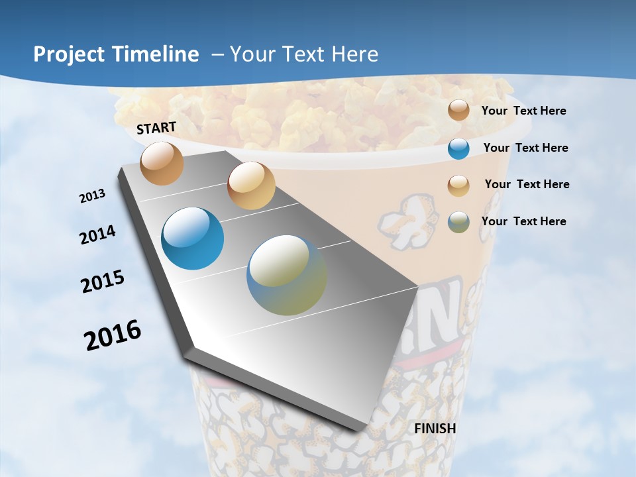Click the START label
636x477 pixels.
[x=156, y=127]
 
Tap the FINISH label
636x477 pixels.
[x=435, y=429]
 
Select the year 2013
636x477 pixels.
[x=92, y=196]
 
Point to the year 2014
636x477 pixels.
[x=98, y=235]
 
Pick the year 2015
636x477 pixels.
[x=103, y=282]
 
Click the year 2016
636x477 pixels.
[x=113, y=335]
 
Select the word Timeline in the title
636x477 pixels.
[x=156, y=54]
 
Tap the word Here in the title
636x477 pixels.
[x=354, y=54]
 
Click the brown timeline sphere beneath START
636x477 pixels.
[x=162, y=163]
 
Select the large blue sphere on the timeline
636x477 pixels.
[x=193, y=238]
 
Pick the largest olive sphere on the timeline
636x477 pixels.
[x=287, y=275]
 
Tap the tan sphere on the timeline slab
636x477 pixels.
[x=251, y=185]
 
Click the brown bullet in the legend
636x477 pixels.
[x=458, y=111]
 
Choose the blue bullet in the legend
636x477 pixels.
[x=458, y=148]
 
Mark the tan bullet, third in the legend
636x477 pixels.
[x=458, y=185]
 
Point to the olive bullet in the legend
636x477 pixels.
[x=458, y=222]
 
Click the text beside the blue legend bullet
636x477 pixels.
[x=525, y=148]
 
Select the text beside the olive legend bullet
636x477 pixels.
[x=523, y=221]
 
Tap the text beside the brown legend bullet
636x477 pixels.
[x=523, y=111]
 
